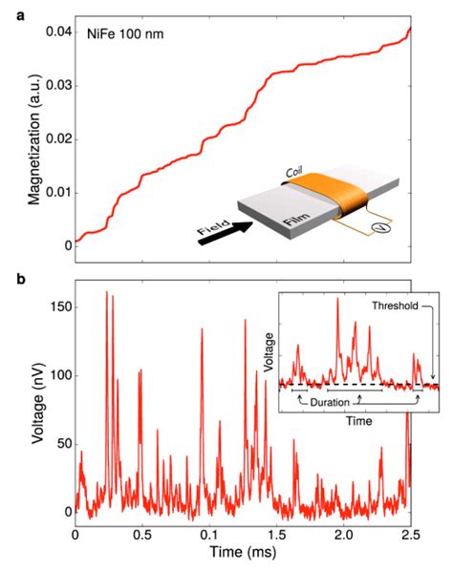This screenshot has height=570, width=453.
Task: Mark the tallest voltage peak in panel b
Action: [106, 292]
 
